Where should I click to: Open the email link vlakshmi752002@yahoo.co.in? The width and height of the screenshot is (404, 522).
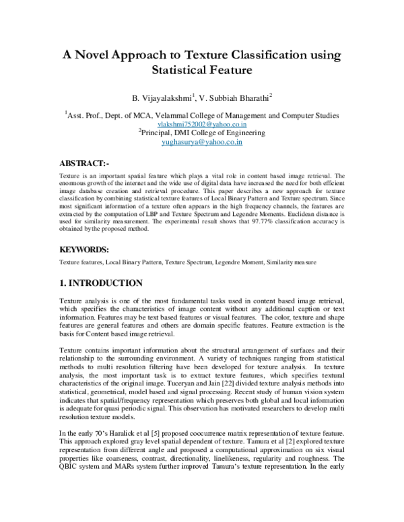coord(202,124)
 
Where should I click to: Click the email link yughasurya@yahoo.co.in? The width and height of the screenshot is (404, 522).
coord(202,143)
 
